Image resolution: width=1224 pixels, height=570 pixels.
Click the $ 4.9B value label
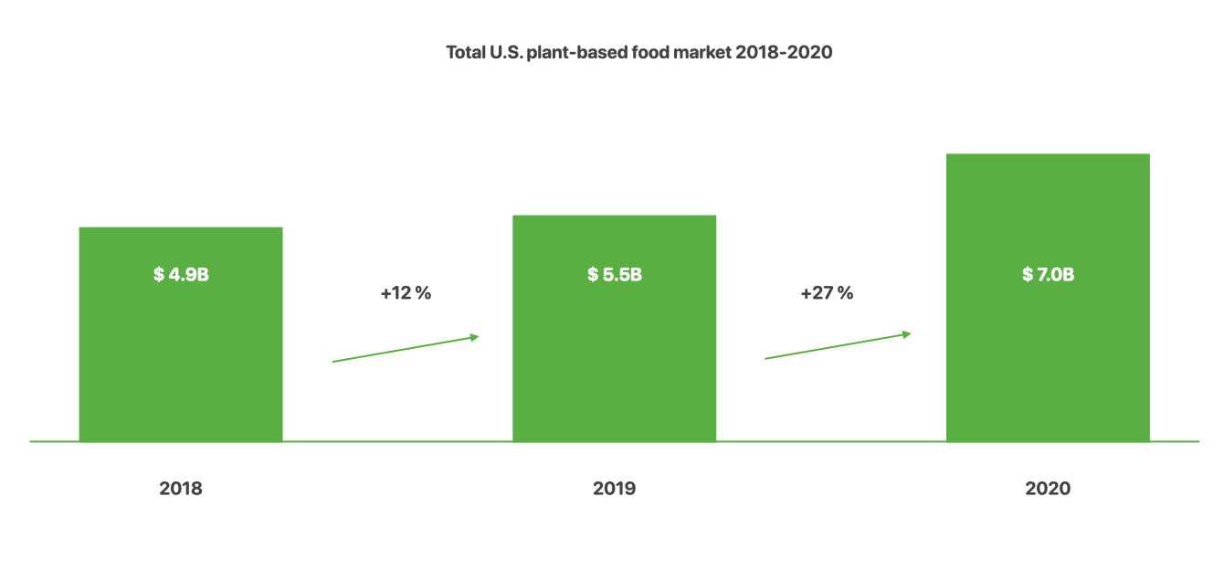pos(181,274)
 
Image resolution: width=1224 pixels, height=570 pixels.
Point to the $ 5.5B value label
pos(614,274)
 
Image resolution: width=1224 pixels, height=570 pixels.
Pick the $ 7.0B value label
pos(1048,274)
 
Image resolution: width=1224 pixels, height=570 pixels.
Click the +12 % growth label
pos(405,294)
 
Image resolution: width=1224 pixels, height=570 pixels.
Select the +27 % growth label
pos(827,294)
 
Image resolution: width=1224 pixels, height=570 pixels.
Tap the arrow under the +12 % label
pos(405,349)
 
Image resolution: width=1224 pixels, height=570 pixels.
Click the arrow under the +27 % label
pos(837,345)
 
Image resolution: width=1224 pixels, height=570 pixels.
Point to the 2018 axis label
pos(181,489)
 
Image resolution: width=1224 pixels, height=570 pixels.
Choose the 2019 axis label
pos(614,489)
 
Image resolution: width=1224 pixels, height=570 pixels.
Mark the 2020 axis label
pos(1048,489)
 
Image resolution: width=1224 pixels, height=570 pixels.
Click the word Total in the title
pos(465,53)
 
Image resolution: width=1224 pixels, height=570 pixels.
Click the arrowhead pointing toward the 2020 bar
pos(906,334)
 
